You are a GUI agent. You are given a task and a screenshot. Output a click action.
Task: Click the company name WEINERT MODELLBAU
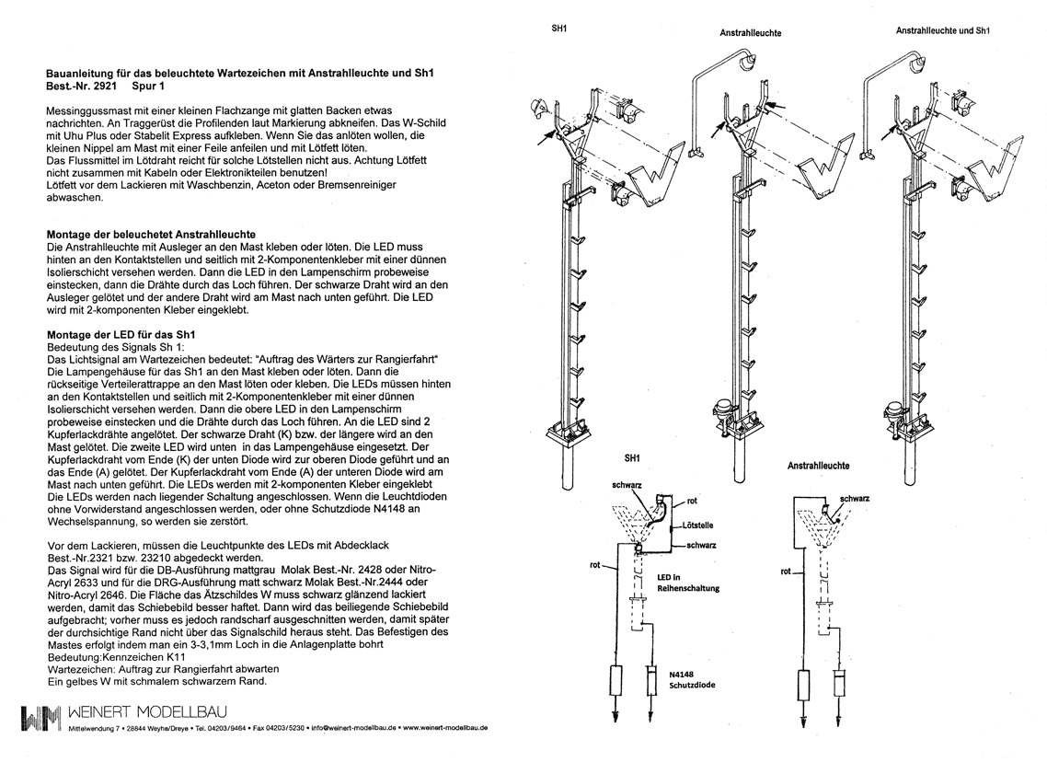click(149, 712)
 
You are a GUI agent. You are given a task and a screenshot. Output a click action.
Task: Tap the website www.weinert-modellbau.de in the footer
click(444, 727)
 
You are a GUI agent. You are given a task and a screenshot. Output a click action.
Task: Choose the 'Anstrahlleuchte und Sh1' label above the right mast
click(942, 30)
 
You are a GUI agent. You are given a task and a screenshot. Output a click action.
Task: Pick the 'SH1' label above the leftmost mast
click(558, 29)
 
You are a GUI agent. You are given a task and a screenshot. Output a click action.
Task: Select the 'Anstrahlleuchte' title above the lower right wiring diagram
click(818, 466)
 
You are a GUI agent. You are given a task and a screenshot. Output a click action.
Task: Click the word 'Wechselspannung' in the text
click(87, 524)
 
